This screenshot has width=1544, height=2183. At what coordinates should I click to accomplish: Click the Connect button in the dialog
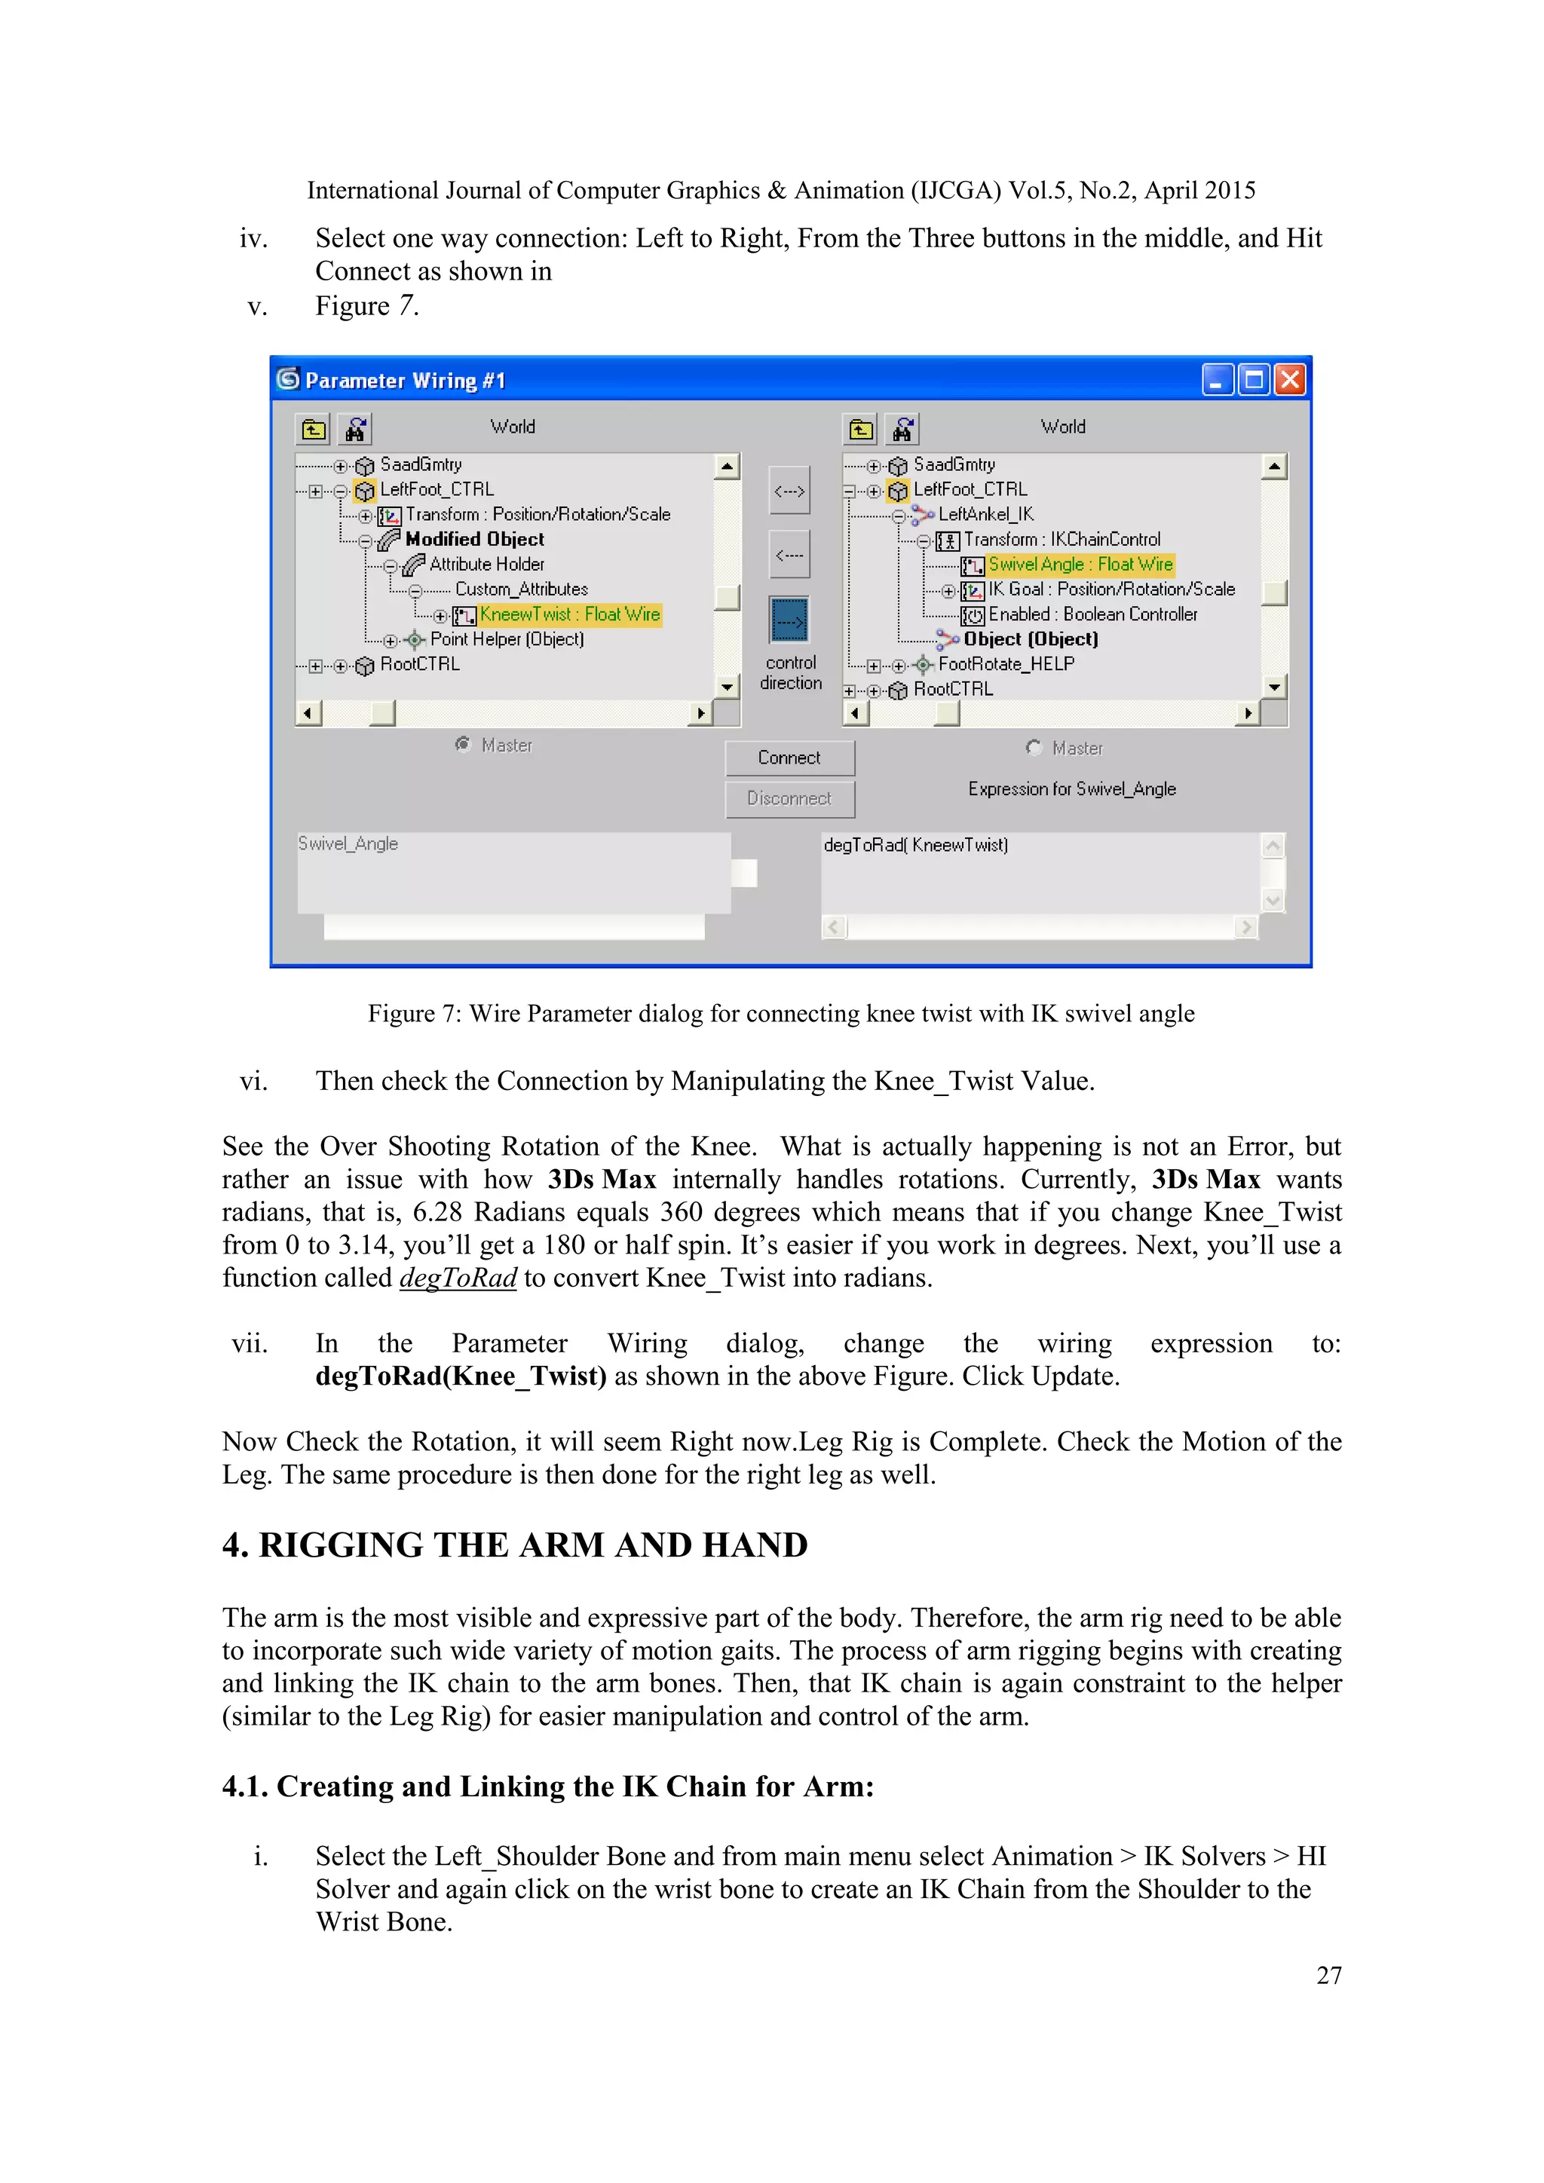coord(789,758)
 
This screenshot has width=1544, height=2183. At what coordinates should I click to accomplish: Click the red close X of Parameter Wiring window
coord(1289,381)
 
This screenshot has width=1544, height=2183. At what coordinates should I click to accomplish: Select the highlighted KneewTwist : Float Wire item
coord(568,614)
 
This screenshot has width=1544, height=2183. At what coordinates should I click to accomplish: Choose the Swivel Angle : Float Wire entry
coord(1080,565)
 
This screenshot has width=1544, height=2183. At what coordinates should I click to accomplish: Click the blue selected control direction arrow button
coord(789,621)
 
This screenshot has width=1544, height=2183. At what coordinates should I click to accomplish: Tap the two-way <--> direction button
coord(789,491)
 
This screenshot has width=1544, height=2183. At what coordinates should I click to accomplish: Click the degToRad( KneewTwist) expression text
coord(915,845)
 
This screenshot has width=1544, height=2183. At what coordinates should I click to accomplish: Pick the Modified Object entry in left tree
coord(474,539)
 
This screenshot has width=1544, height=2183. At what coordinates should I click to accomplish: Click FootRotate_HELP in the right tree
coord(1006,663)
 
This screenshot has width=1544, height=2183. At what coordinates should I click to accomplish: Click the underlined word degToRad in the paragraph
coord(458,1278)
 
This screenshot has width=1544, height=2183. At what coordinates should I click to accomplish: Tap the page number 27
coord(1328,1975)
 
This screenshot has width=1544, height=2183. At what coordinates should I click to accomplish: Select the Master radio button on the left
coord(463,745)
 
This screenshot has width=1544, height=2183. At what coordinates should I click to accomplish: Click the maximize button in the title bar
coord(1254,381)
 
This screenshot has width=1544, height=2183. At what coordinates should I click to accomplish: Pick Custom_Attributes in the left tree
coord(521,589)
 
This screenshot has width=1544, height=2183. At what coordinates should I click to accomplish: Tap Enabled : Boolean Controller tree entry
coord(1092,614)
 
